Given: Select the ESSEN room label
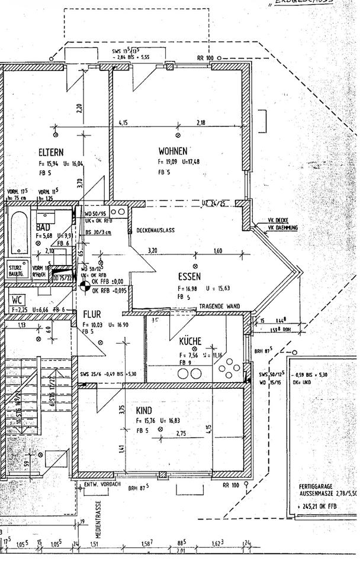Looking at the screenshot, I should click(x=189, y=276).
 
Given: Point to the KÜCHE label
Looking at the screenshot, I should click(x=190, y=341).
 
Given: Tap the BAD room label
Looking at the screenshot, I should click(x=43, y=227).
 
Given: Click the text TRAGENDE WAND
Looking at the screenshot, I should click(x=220, y=305).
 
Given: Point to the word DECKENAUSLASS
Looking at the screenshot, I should click(x=155, y=230).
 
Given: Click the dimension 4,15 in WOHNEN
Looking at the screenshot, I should click(x=124, y=123).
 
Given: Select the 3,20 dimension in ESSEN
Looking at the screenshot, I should click(x=153, y=251).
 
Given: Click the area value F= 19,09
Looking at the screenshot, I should click(x=169, y=161).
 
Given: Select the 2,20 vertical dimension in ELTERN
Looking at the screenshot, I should click(x=79, y=109).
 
